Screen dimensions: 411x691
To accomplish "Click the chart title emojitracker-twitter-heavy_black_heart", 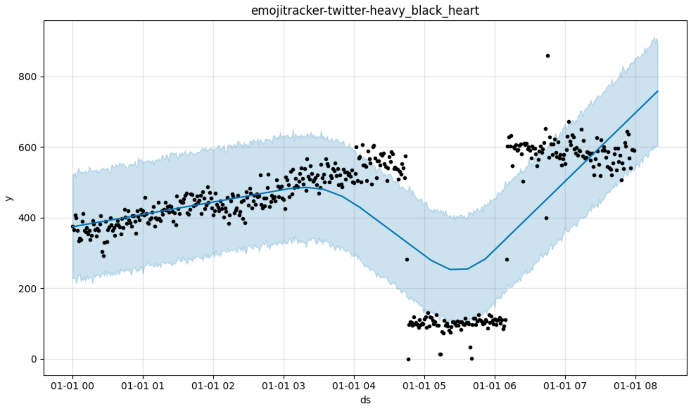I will (365, 11).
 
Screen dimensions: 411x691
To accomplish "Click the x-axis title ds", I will (365, 400).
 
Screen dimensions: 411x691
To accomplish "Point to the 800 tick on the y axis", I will (28, 77).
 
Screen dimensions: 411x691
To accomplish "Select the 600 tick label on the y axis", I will (28, 148).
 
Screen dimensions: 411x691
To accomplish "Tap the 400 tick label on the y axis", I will (28, 218).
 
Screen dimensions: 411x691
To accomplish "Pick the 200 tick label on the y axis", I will (28, 289).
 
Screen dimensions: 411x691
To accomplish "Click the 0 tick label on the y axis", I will (34, 359).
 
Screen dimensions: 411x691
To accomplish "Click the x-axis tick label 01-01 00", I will (72, 386).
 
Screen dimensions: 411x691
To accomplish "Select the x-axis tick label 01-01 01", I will (143, 386).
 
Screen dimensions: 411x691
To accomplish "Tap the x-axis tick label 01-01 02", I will (213, 386).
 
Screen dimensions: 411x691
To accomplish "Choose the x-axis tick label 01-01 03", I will (284, 386).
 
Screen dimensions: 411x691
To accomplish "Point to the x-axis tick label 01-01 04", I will (354, 386).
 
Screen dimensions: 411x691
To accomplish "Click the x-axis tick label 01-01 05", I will (424, 386).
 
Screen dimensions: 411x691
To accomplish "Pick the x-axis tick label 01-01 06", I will (495, 386).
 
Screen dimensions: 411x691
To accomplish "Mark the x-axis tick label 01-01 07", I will (565, 386).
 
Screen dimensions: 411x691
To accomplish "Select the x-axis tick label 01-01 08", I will (636, 386).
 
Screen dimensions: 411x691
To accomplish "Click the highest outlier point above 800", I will (547, 56).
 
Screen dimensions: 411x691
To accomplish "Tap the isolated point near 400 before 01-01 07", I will (546, 218).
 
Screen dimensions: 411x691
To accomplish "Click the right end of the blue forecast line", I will (657, 91).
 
